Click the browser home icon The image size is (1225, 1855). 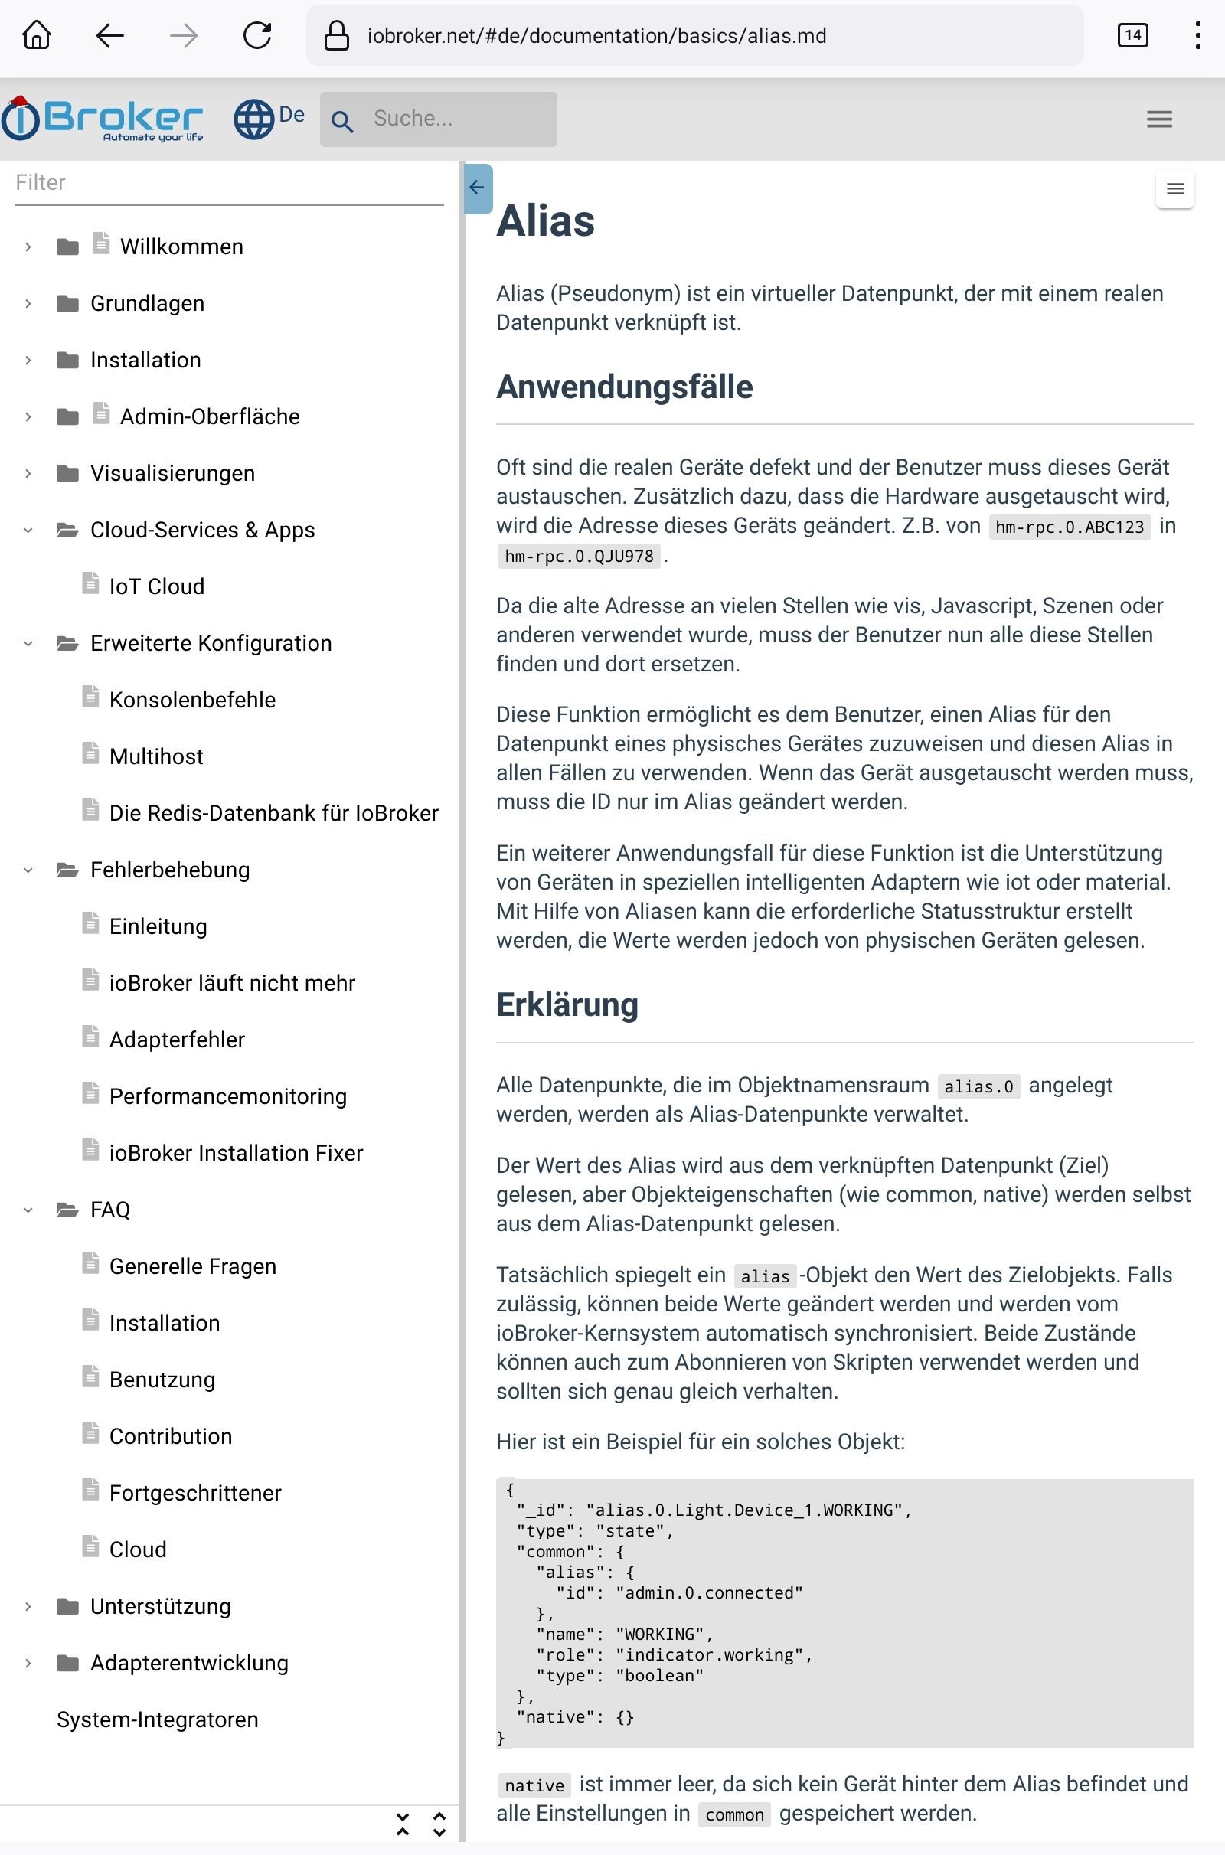tap(37, 35)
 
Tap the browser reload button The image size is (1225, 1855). tap(257, 35)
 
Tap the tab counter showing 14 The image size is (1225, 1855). tap(1132, 35)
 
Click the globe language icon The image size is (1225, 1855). tap(254, 119)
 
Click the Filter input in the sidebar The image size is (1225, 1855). tap(228, 183)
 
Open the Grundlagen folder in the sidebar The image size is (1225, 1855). tap(147, 303)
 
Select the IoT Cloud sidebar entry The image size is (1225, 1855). tap(156, 586)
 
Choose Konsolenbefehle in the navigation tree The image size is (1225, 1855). tap(192, 700)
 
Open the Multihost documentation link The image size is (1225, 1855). tap(156, 756)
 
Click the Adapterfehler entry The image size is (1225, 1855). tap(177, 1040)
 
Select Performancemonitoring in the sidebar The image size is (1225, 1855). tap(227, 1096)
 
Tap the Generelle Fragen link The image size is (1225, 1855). tap(192, 1266)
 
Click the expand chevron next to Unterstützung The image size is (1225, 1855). tap(28, 1607)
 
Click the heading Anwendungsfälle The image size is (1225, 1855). tap(624, 387)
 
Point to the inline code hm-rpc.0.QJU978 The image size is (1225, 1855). tap(579, 556)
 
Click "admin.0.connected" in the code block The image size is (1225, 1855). tap(709, 1592)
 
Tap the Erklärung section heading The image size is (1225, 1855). tap(567, 1005)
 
